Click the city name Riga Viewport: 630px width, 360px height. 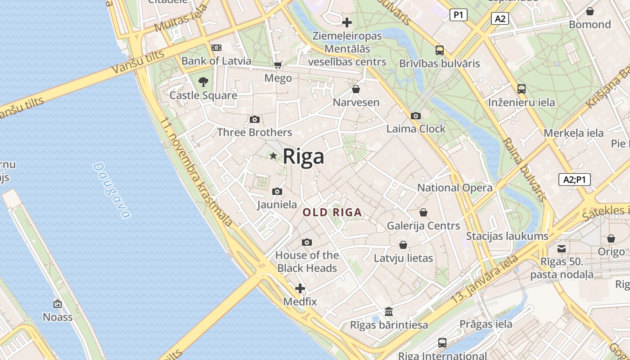click(x=303, y=157)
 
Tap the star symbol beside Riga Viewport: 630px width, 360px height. click(x=273, y=156)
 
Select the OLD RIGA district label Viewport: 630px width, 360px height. click(x=332, y=212)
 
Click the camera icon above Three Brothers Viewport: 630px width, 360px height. click(x=255, y=119)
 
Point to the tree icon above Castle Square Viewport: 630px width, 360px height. click(x=203, y=82)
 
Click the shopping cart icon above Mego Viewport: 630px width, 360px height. click(x=278, y=65)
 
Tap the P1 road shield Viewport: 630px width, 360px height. click(x=458, y=15)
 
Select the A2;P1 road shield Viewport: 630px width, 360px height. click(x=575, y=180)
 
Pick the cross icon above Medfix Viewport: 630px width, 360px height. click(x=300, y=288)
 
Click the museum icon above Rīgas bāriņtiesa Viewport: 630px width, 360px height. click(x=389, y=311)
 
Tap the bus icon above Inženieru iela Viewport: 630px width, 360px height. click(x=522, y=89)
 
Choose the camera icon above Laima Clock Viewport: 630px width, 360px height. click(x=416, y=116)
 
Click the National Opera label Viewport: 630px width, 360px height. click(x=455, y=188)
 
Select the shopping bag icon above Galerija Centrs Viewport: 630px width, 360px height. click(x=423, y=212)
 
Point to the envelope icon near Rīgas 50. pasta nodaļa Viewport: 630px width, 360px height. click(x=562, y=248)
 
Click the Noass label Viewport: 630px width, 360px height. click(x=58, y=317)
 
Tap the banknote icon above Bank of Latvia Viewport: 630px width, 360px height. click(x=216, y=48)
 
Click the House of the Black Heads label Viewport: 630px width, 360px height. click(x=307, y=261)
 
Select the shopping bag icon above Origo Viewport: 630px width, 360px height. click(x=611, y=238)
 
